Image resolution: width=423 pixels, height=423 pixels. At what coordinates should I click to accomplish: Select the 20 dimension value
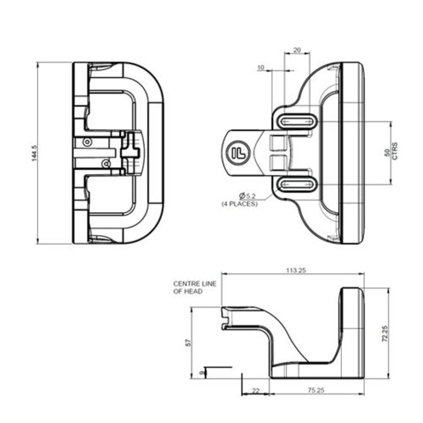tap(297, 50)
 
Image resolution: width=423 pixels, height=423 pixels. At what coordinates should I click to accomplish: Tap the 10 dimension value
tap(261, 68)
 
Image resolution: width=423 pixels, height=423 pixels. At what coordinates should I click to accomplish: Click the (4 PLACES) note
tap(239, 204)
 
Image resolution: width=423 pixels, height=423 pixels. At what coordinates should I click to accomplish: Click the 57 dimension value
tap(188, 343)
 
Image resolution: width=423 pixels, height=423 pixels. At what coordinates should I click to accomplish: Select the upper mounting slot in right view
tap(296, 121)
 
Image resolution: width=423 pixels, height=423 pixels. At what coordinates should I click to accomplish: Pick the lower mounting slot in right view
tap(296, 184)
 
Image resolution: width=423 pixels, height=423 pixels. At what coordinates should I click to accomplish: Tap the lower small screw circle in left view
tap(106, 163)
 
